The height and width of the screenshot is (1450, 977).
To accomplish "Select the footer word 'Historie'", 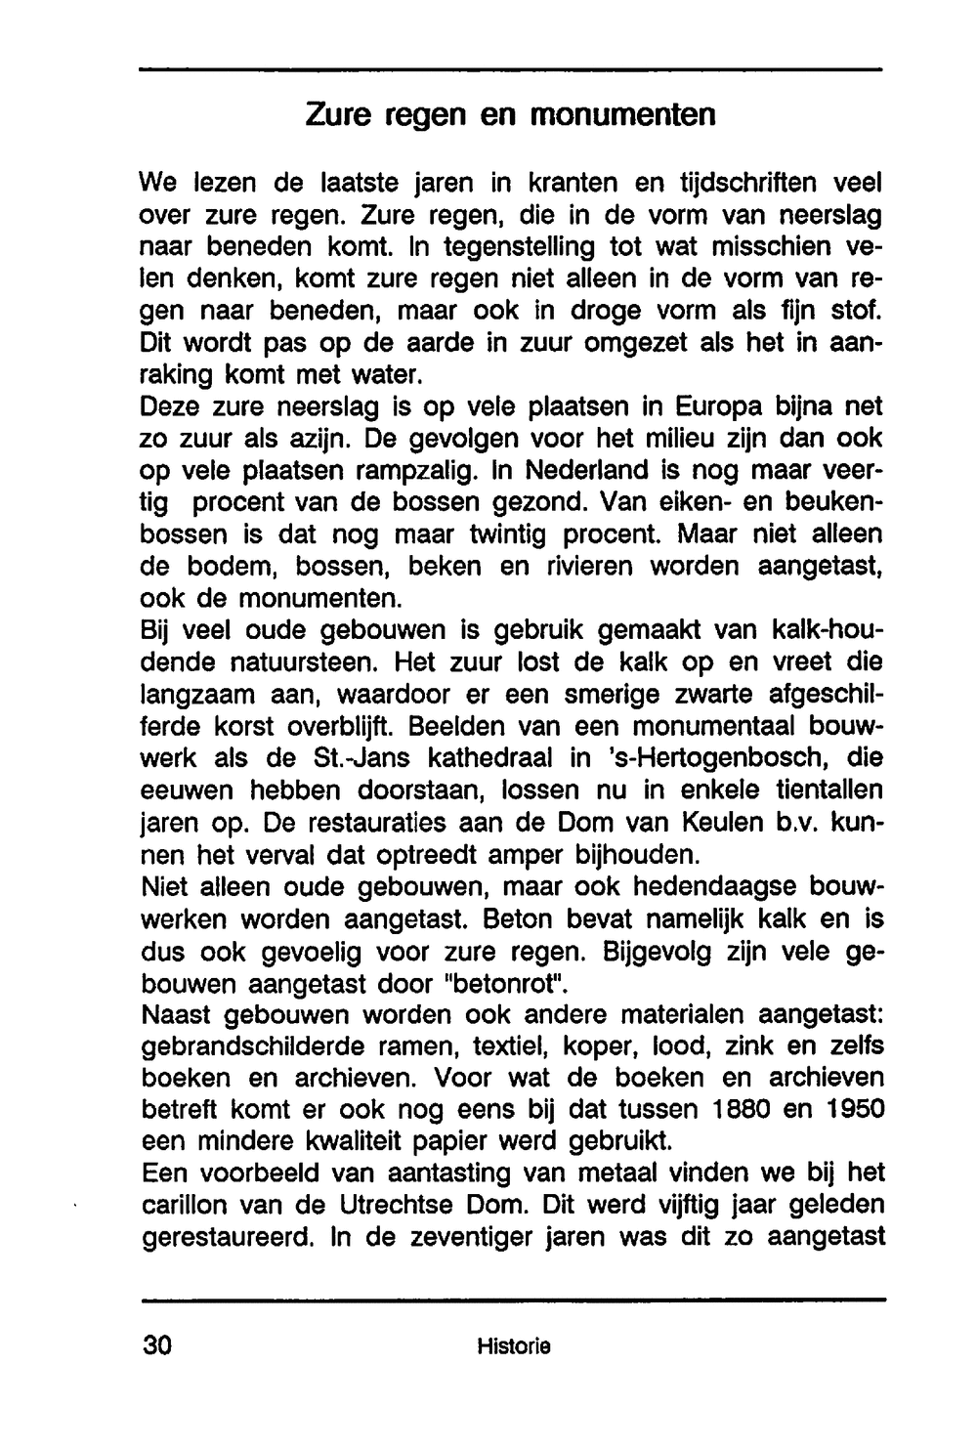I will (x=514, y=1345).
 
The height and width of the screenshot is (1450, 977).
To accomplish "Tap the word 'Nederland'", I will (x=586, y=471).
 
